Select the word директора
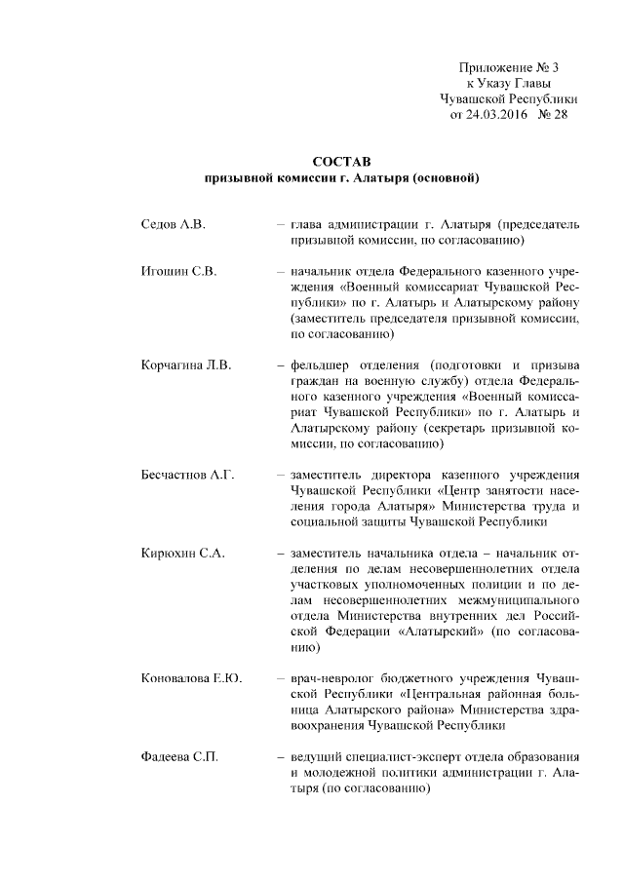[410, 476]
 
